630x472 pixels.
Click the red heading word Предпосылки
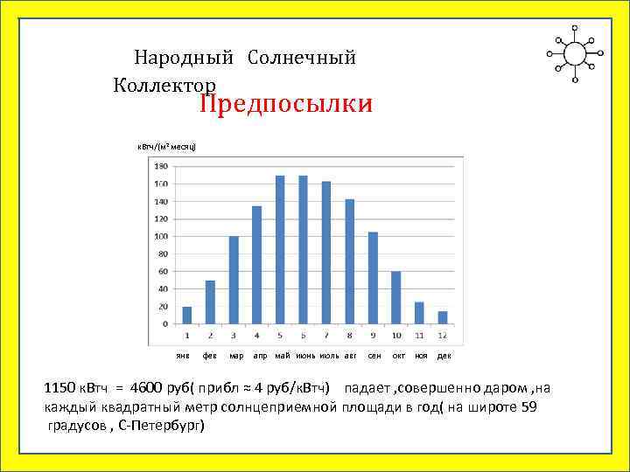(285, 105)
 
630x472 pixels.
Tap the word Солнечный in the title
(302, 59)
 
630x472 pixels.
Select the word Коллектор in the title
(164, 85)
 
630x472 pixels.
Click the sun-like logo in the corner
(575, 53)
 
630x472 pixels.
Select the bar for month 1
(187, 315)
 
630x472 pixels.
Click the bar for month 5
(280, 249)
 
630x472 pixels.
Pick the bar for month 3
(234, 280)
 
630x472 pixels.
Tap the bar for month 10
(395, 297)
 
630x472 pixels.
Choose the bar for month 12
(443, 317)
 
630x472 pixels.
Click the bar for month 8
(349, 261)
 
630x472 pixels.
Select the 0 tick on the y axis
(165, 323)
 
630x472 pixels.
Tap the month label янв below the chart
(183, 357)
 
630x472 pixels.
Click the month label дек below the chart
(444, 357)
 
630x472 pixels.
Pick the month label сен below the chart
(374, 357)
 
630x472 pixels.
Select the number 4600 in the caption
(147, 388)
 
